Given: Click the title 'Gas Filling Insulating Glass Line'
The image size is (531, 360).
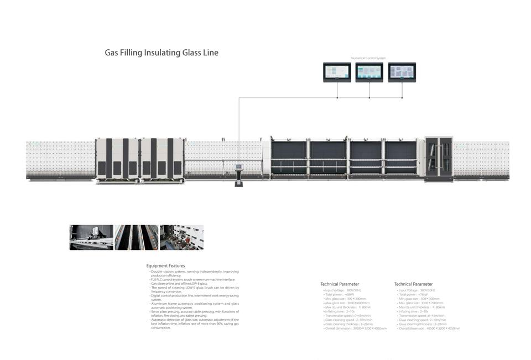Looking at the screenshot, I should click(x=162, y=53).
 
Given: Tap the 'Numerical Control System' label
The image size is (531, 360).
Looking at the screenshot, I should click(x=368, y=58).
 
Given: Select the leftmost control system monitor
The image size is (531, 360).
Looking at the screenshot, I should click(x=337, y=72).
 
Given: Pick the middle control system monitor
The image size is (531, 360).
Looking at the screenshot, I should click(x=369, y=72).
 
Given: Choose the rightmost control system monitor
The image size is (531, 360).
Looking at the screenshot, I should click(x=402, y=72).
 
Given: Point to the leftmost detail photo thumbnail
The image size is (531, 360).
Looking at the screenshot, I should click(x=91, y=237).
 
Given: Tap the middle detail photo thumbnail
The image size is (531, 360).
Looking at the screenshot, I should click(x=136, y=237).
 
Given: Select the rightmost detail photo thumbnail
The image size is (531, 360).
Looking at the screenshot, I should click(x=181, y=237).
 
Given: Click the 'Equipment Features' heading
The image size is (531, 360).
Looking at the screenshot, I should click(x=165, y=266).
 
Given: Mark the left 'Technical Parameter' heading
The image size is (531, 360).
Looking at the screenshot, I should click(x=340, y=284).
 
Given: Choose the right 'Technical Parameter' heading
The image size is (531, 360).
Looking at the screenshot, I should click(x=413, y=284).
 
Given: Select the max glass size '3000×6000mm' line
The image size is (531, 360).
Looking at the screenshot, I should click(x=347, y=303).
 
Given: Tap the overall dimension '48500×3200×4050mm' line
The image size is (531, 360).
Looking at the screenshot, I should click(x=429, y=328).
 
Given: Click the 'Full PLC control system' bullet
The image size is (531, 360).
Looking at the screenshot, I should click(x=185, y=280).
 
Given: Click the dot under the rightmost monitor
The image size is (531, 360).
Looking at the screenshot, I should click(x=402, y=98).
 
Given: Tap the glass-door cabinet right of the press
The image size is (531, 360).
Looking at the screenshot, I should click(x=439, y=158).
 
